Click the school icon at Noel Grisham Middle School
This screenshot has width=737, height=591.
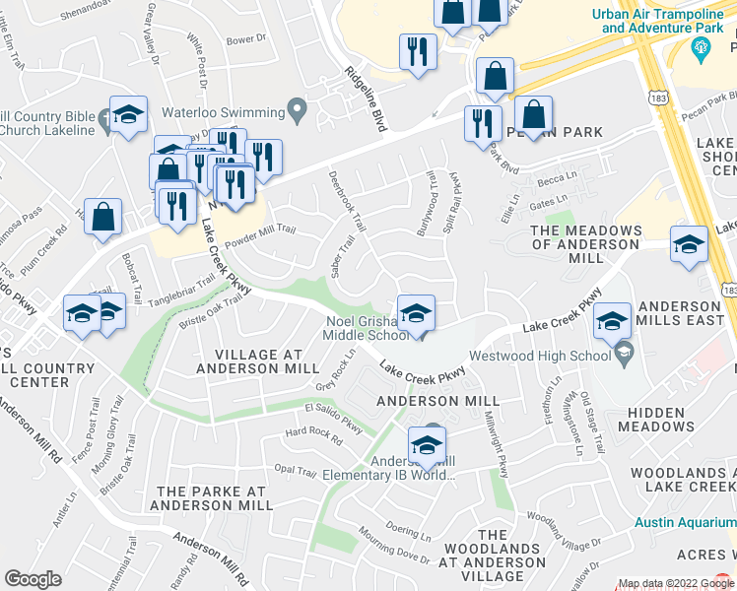416,313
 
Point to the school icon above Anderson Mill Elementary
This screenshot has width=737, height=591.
427,444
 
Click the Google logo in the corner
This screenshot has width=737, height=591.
33,579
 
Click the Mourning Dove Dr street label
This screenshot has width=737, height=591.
394,548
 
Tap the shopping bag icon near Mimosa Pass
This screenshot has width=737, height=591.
102,218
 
